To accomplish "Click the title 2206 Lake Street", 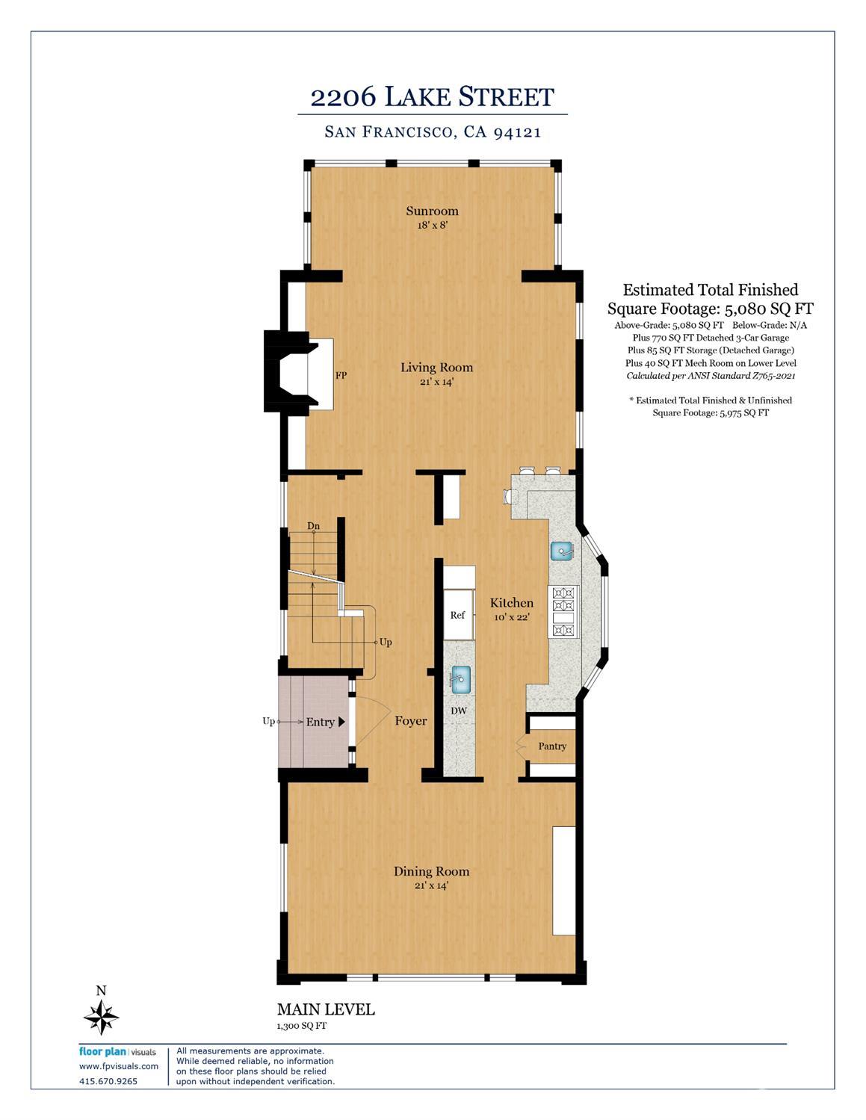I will point(432,97).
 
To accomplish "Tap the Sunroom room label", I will point(432,211).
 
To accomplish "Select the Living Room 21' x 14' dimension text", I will point(436,382).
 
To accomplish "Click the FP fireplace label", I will point(341,376).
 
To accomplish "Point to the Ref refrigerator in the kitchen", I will point(458,615).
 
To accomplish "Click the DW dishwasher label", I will point(459,711).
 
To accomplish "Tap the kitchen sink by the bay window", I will point(562,551).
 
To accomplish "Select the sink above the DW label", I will point(460,680).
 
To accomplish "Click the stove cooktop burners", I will point(563,611).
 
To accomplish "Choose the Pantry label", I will point(552,746).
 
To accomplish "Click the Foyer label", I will point(411,721).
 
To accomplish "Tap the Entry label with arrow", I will point(325,722).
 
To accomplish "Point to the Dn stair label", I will point(314,526).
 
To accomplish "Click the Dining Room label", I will point(431,871).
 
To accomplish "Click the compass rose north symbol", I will point(101,1016).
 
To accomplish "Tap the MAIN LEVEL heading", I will point(326,1009).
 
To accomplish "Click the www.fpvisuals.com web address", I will point(119,1066).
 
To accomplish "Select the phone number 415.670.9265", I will point(108,1081).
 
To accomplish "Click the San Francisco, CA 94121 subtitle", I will point(433,132).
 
